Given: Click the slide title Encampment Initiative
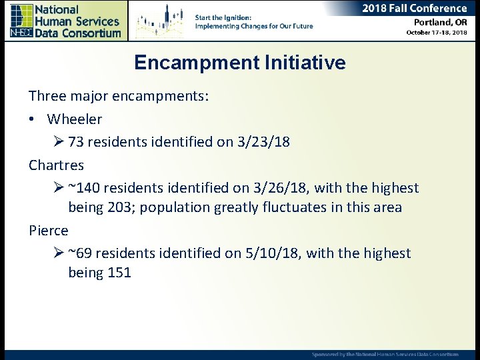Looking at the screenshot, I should (x=240, y=63).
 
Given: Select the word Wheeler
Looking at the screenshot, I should (x=75, y=119).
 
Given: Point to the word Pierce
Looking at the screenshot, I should (x=49, y=230).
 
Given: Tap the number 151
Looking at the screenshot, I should (x=119, y=273).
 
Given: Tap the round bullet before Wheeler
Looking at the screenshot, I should (x=32, y=119).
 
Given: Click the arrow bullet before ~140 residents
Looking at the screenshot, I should (x=57, y=188).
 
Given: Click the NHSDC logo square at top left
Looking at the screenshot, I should (x=21, y=21).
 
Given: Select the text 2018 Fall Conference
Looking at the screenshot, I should (x=414, y=8).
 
